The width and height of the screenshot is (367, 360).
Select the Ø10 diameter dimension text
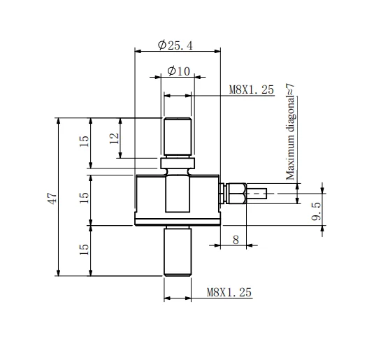point(179,71)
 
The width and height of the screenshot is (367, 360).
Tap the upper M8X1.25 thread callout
point(252,90)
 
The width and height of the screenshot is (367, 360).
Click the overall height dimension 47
point(52,198)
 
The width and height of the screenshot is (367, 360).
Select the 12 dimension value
point(114,138)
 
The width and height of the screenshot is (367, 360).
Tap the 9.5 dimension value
point(317,210)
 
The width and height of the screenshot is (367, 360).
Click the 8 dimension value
point(235,239)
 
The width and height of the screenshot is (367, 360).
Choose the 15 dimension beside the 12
point(85,140)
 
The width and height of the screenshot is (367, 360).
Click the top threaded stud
point(178,137)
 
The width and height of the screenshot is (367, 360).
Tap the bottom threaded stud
point(178,253)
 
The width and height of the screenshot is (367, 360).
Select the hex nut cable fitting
point(235,193)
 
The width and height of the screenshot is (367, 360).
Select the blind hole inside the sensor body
point(178,196)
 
